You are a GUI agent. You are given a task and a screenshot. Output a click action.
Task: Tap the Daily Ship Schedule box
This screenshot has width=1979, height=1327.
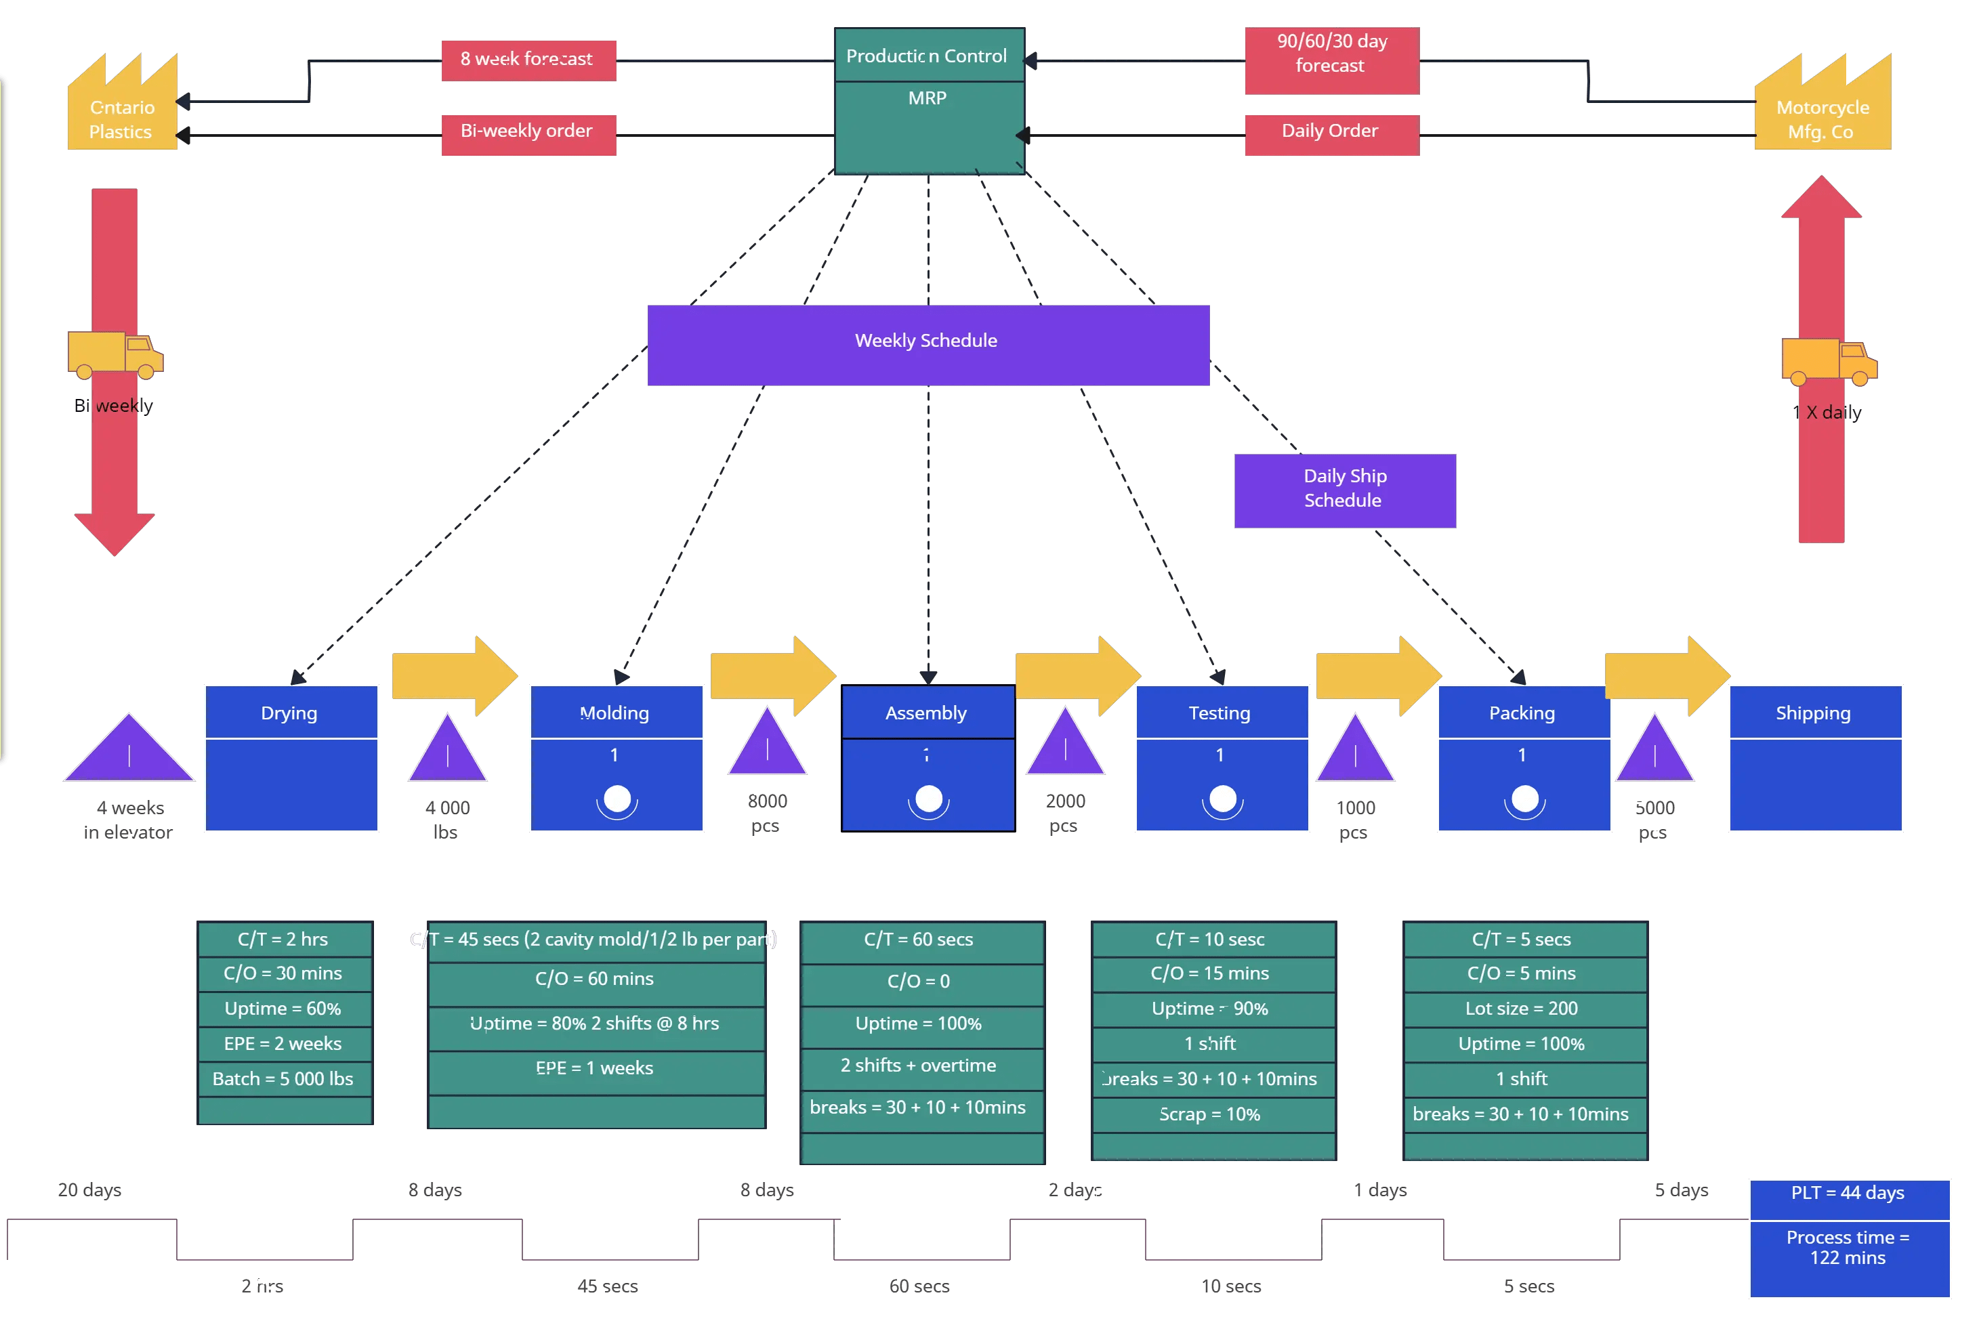[x=1344, y=489]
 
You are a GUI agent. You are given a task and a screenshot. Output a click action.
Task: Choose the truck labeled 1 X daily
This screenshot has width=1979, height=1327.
[x=1829, y=360]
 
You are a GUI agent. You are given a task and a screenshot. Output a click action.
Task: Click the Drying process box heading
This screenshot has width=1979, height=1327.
[x=291, y=713]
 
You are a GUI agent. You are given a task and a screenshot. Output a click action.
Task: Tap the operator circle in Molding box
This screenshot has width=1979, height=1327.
[x=617, y=798]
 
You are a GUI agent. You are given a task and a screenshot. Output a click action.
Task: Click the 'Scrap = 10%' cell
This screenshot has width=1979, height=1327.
[x=1212, y=1114]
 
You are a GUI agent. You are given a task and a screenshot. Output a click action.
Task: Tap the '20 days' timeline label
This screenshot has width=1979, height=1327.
[x=89, y=1190]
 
